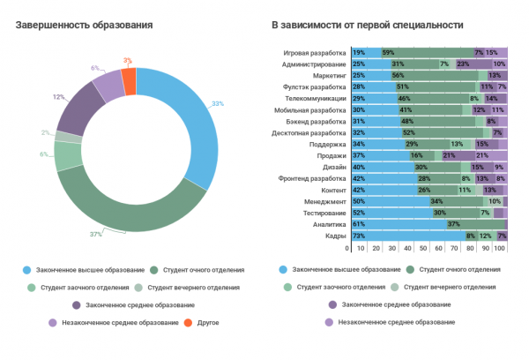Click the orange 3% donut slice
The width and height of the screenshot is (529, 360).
[130, 82]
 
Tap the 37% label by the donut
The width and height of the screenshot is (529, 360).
[95, 234]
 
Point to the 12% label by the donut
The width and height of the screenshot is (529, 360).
[58, 96]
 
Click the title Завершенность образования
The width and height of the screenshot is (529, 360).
[85, 25]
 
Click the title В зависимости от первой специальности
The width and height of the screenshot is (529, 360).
[367, 25]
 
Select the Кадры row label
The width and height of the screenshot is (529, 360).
[333, 236]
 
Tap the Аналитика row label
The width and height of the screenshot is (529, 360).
[328, 225]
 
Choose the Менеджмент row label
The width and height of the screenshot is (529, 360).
[324, 202]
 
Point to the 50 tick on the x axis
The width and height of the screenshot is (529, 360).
[428, 250]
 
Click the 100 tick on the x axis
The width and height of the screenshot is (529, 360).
[500, 250]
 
